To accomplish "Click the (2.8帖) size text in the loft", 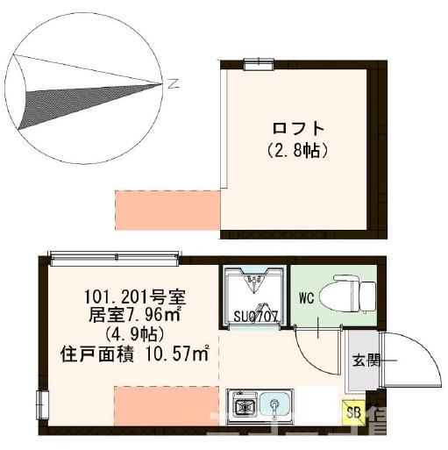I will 297,150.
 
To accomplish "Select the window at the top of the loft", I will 258,61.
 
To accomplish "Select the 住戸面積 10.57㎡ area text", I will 134,354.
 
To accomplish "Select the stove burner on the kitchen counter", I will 245,406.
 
